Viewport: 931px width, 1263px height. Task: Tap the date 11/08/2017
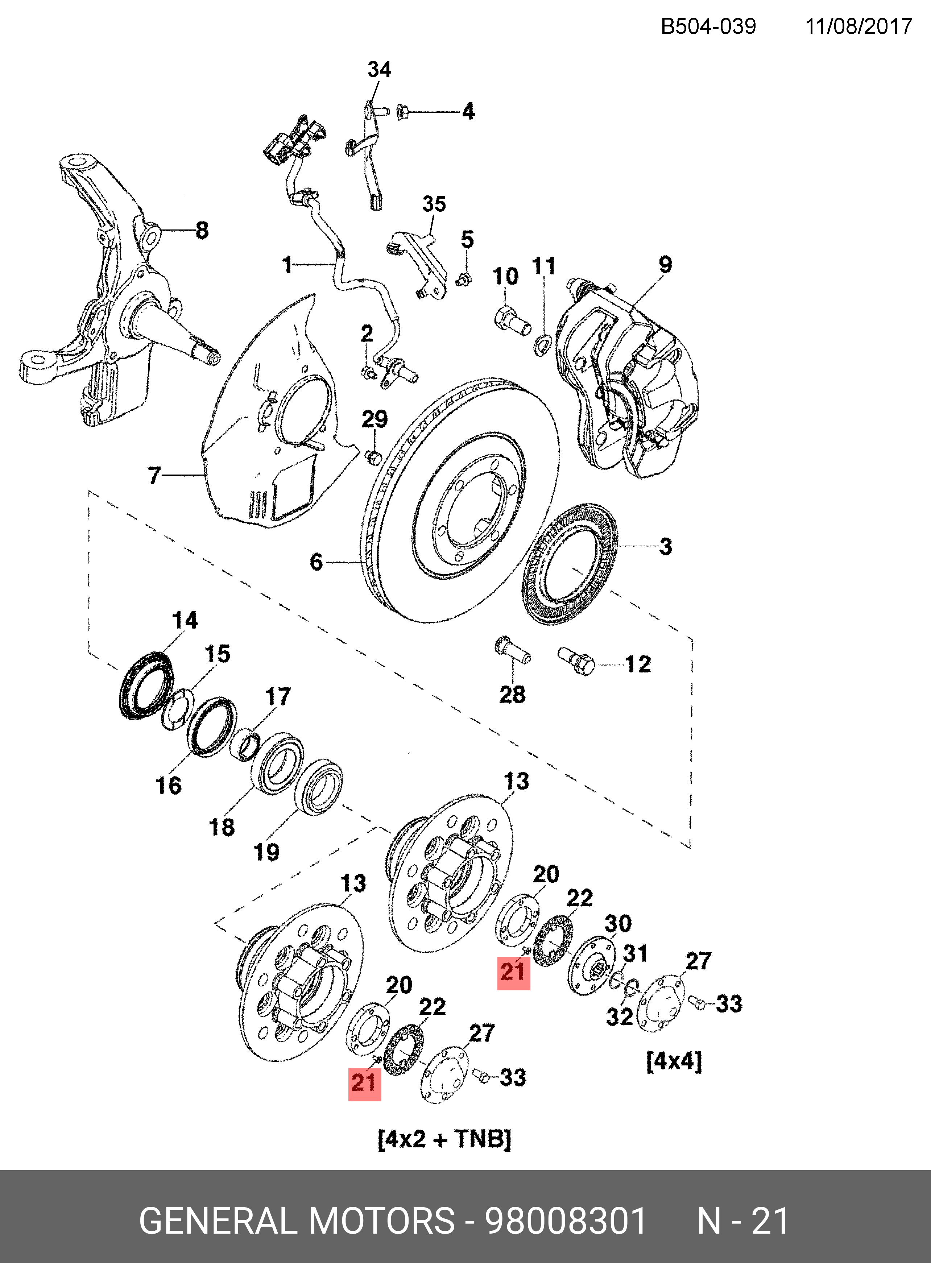[x=858, y=26]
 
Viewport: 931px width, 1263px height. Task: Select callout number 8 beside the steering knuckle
[x=202, y=231]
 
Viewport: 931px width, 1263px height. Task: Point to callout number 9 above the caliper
[x=666, y=264]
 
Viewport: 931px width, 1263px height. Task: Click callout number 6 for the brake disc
[x=317, y=562]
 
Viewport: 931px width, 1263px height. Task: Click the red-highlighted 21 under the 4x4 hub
[x=513, y=972]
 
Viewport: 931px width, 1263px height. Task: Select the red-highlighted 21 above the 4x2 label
[x=364, y=1083]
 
